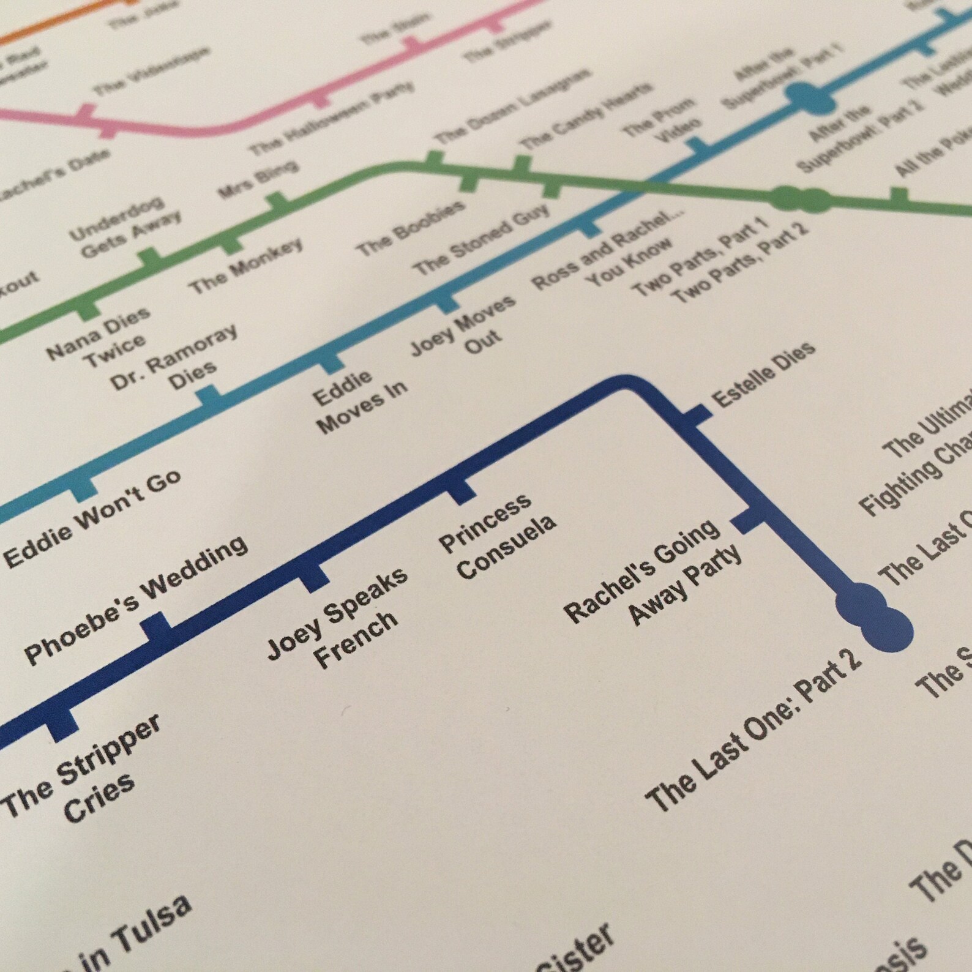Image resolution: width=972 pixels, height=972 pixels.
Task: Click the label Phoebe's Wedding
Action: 136,600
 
